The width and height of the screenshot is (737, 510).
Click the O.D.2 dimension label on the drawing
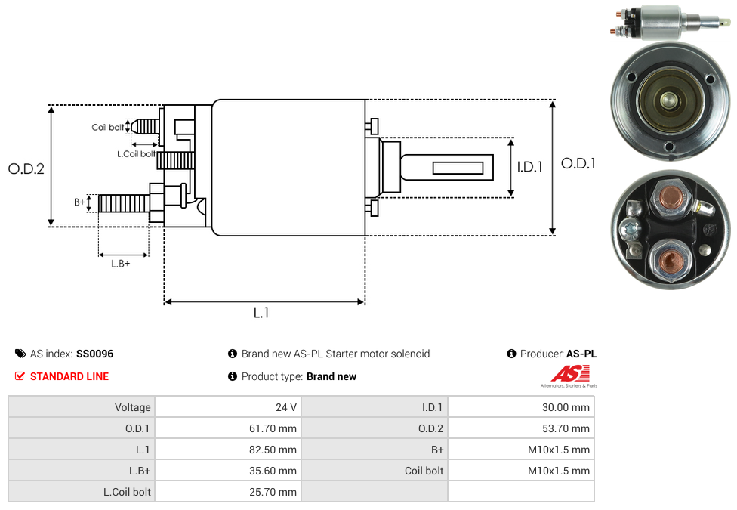26,168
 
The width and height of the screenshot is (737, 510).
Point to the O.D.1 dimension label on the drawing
578,163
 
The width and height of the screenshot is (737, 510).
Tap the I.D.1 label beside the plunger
529,167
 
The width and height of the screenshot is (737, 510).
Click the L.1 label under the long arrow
261,313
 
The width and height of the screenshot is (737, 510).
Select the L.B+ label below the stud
121,264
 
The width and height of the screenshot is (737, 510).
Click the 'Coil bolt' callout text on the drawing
108,127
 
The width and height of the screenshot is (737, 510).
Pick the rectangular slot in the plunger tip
458,166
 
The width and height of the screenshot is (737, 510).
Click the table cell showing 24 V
286,407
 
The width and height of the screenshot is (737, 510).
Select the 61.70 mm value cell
273,428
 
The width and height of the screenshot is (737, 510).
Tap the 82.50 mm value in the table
273,450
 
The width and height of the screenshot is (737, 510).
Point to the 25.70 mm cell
273,492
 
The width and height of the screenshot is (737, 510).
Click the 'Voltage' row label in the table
133,407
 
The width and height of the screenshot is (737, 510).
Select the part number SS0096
95,354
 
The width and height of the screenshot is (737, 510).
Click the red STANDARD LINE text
69,376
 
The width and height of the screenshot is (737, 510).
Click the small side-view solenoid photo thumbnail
670,20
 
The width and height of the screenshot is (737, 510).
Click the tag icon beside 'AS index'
20,354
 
